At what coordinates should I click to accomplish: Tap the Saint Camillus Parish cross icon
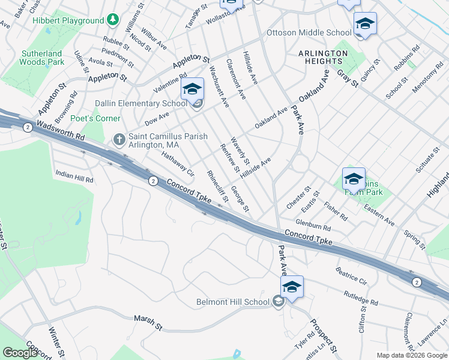pos(119,140)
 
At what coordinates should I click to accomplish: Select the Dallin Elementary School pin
pos(191,91)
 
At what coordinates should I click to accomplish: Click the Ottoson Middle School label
pos(309,32)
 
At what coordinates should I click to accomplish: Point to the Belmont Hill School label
pos(233,302)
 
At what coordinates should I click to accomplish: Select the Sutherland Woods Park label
pos(41,58)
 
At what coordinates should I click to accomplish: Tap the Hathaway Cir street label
pos(178,164)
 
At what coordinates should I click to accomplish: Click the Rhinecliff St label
pos(217,186)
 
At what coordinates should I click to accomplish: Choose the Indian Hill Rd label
pos(74,176)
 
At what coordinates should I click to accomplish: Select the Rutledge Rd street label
pos(361,298)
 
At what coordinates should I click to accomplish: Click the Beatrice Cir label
pos(351,275)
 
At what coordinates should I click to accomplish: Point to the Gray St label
pos(347,78)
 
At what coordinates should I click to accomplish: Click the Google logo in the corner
pos(20,353)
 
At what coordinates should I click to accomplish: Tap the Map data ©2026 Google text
pos(412,355)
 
